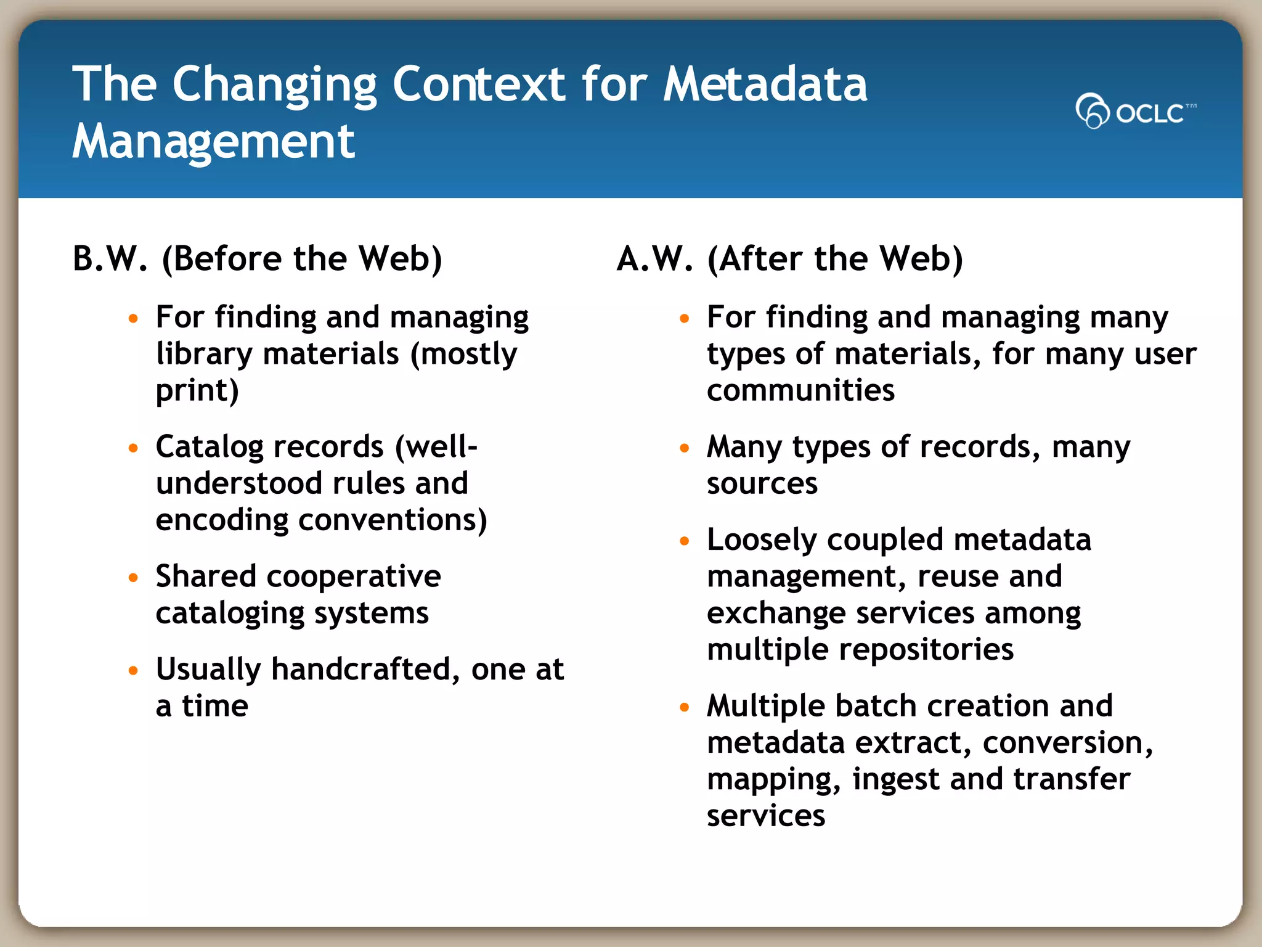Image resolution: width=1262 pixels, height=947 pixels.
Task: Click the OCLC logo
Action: (1135, 111)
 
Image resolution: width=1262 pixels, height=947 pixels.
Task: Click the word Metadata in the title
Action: (765, 84)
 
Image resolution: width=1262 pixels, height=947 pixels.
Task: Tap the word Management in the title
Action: (213, 142)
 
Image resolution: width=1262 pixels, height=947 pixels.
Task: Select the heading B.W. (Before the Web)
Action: (257, 259)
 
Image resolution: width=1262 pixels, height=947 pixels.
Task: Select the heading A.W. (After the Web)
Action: (789, 259)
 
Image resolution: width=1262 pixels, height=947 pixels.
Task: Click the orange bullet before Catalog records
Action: (133, 448)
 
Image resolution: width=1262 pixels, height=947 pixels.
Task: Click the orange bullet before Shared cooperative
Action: (133, 578)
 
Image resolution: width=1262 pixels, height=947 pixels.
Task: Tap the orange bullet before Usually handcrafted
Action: (133, 670)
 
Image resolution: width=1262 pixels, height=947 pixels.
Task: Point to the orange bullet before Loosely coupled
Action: (684, 541)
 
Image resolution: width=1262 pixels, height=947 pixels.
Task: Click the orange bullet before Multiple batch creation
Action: (684, 707)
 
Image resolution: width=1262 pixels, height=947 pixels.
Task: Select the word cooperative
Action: (354, 577)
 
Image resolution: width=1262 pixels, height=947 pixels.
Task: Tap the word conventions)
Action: (393, 520)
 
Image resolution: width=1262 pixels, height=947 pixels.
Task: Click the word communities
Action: (800, 391)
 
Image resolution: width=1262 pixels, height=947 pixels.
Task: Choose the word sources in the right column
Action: (762, 484)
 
